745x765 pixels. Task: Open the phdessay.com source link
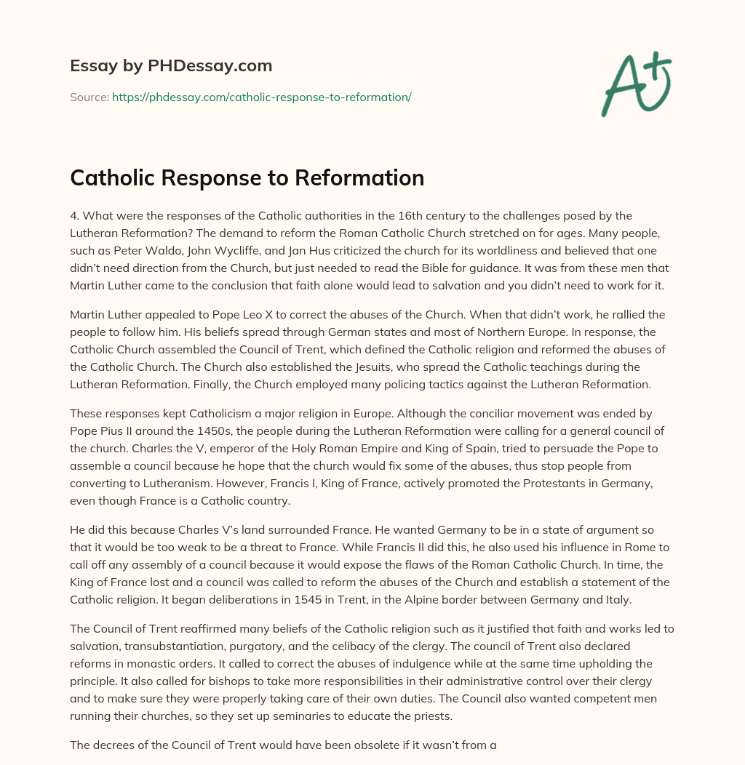click(262, 97)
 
